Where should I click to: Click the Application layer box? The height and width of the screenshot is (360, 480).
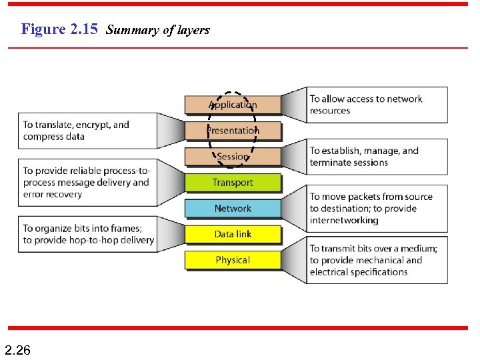(233, 105)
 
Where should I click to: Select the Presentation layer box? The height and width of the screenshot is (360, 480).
(233, 131)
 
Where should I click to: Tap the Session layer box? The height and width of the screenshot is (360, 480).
(233, 157)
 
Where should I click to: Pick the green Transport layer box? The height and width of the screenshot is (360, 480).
(233, 183)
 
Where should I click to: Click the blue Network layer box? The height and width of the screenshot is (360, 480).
(233, 209)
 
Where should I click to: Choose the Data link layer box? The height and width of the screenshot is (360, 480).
(233, 234)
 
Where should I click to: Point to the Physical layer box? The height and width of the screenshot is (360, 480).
(233, 260)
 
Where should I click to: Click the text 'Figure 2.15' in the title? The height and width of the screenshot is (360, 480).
(59, 29)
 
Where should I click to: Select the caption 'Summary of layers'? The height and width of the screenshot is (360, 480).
(158, 30)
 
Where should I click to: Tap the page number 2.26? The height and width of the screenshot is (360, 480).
(17, 349)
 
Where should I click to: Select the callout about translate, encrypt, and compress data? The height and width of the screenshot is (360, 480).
(87, 131)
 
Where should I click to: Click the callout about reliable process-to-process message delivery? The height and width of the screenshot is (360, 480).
(87, 183)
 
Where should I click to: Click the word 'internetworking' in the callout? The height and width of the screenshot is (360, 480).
(344, 221)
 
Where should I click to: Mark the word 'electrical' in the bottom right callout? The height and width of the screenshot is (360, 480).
(329, 272)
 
